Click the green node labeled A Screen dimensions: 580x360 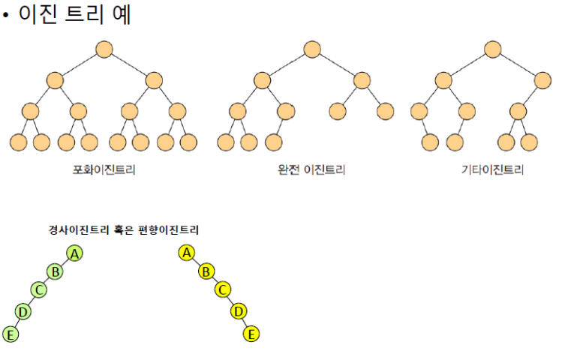click(74, 253)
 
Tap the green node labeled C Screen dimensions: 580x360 click(39, 290)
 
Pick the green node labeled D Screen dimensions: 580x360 click(23, 310)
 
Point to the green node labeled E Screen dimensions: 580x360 click(10, 334)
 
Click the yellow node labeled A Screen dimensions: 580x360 click(187, 252)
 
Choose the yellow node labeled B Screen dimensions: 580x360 click(206, 271)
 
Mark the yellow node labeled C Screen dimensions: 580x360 click(222, 289)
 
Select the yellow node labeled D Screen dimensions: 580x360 click(239, 310)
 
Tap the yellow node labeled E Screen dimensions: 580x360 click(252, 334)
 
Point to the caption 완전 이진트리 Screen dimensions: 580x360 click(311, 169)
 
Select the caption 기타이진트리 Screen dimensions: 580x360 click(492, 169)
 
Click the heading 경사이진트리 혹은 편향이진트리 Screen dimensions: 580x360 click(123, 229)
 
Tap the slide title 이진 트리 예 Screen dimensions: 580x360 click(74, 13)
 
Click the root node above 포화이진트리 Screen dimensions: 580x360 click(104, 49)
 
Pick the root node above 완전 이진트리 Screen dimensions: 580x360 click(312, 49)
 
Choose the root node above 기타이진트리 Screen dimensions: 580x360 click(492, 49)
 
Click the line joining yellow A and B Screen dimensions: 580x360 click(197, 262)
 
